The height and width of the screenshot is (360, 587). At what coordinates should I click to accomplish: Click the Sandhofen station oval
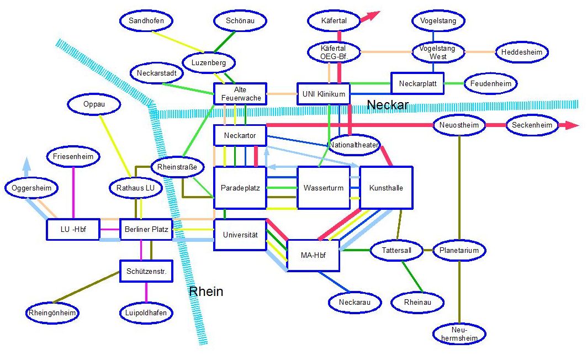146,21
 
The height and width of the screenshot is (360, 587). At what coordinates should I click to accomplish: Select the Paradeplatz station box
240,188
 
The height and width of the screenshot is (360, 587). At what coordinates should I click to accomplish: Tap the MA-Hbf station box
313,255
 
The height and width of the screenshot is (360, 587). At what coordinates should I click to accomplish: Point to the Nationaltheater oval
354,145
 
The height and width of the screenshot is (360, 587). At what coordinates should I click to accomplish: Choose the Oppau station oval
94,104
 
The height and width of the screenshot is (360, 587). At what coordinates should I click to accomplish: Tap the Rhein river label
206,291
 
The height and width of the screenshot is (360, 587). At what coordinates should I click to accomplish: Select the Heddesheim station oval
522,52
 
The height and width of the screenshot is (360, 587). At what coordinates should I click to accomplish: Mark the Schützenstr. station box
146,271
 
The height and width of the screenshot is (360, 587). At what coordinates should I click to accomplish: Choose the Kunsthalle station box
386,188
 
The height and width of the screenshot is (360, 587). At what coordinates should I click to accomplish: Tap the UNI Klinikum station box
324,94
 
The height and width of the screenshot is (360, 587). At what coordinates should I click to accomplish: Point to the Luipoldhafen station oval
146,313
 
